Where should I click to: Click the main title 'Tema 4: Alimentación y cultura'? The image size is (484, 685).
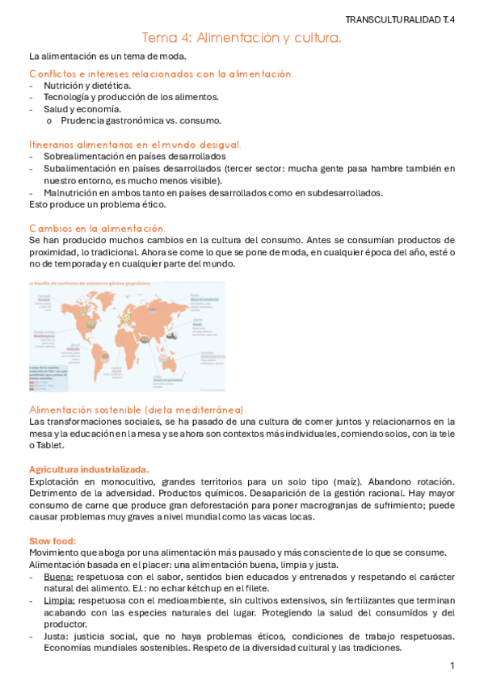(x=242, y=38)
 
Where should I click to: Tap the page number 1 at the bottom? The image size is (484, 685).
(x=453, y=666)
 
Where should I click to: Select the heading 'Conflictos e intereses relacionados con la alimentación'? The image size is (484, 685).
(x=161, y=74)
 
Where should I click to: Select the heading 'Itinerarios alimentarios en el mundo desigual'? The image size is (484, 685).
(x=134, y=144)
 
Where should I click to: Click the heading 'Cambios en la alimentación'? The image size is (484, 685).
(x=97, y=229)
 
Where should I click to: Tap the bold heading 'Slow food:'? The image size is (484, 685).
(x=52, y=540)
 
